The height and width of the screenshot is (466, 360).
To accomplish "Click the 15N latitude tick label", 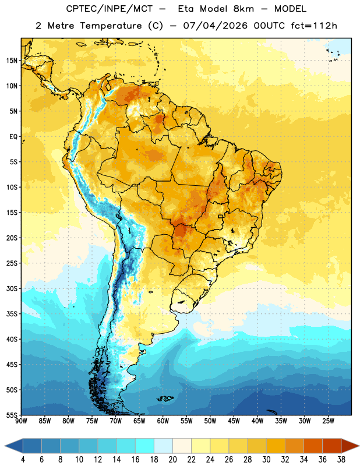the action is click(12, 61).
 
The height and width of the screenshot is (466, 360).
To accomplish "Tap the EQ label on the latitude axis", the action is click(13, 137).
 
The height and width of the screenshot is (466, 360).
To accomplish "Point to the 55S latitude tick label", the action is click(12, 415).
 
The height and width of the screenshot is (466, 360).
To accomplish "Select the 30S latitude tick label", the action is click(12, 288).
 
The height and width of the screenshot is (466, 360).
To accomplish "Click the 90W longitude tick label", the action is click(21, 421).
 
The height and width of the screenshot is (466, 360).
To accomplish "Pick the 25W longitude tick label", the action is click(328, 421).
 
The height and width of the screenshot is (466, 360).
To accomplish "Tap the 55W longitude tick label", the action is click(186, 421).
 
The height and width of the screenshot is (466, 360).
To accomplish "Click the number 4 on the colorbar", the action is click(23, 460).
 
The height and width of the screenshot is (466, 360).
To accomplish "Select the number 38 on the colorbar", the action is click(341, 460).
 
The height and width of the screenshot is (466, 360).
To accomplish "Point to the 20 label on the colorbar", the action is click(172, 460).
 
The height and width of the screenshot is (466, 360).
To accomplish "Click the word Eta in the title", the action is click(186, 9).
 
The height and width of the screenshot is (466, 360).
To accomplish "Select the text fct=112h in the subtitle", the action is click(314, 26).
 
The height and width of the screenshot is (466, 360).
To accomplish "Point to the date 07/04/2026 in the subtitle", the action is click(216, 26).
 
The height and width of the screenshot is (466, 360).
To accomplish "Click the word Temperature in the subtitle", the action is click(111, 26).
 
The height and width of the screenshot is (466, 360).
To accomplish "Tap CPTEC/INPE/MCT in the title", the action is click(110, 9).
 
